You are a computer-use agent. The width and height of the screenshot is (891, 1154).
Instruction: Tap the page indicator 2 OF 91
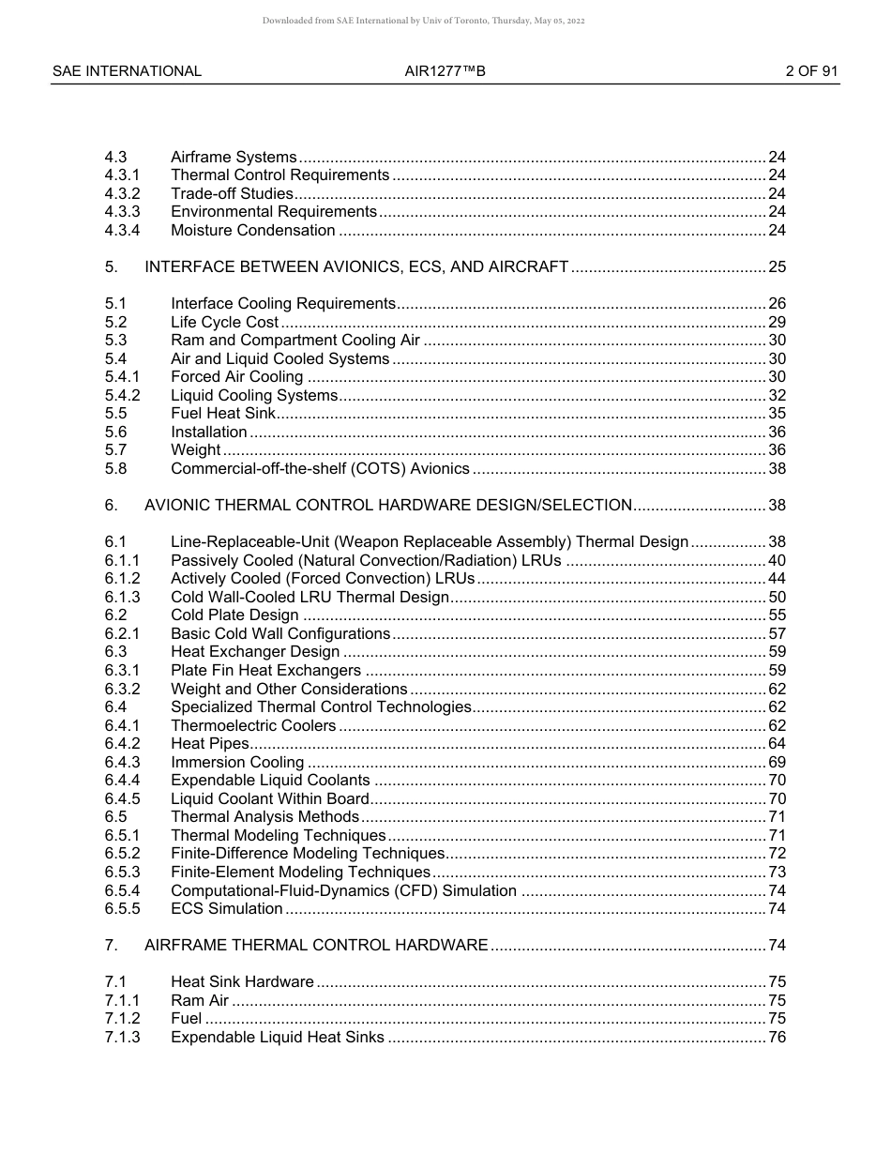click(811, 71)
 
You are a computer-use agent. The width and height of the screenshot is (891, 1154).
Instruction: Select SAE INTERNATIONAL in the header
click(127, 71)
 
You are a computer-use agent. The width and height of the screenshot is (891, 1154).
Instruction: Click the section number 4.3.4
click(123, 231)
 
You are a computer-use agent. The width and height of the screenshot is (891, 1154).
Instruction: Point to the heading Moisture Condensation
click(252, 231)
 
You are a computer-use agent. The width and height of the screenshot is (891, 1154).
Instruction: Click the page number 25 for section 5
click(777, 267)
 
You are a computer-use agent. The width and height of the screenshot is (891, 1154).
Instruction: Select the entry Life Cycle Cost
click(224, 323)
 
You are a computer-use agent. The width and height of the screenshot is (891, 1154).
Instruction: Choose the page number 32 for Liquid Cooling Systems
click(777, 396)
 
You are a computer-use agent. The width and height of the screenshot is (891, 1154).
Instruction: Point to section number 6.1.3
click(123, 598)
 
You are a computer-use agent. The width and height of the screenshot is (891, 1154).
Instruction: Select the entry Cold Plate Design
click(234, 615)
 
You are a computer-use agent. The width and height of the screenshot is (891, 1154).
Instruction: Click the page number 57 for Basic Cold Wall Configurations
click(777, 634)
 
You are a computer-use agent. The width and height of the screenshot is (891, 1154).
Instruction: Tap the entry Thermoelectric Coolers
click(252, 726)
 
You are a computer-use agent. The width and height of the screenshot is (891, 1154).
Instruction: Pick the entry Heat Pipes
click(204, 744)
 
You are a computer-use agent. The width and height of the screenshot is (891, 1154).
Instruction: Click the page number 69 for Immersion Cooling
click(777, 763)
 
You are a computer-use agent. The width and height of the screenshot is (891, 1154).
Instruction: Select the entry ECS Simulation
click(226, 909)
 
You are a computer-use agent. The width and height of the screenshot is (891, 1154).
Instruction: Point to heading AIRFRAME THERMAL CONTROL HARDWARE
click(316, 946)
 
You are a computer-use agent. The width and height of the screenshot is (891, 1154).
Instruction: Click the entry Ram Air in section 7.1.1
click(200, 1001)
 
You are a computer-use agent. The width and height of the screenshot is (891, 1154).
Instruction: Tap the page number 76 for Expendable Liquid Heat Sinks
click(777, 1038)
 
